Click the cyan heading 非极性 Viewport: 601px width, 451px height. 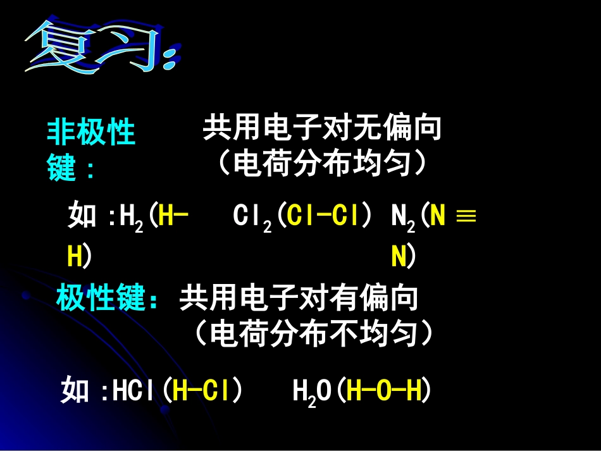click(x=92, y=133)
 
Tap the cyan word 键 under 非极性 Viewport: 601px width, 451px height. click(x=62, y=168)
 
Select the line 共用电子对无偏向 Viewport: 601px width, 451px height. click(x=321, y=129)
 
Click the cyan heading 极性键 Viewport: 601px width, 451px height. click(x=101, y=298)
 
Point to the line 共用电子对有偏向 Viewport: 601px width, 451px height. click(x=299, y=298)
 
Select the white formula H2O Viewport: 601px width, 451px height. click(x=312, y=393)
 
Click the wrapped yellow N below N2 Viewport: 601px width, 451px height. click(x=399, y=257)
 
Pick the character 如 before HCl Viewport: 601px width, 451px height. click(x=75, y=392)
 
